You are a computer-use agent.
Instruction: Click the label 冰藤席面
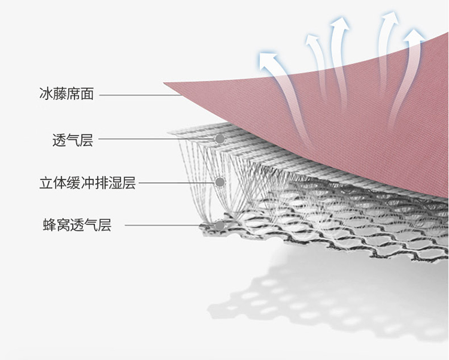[x=66, y=95]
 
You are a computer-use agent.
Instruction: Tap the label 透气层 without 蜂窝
[x=72, y=141]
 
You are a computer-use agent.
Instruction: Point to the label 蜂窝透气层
[x=77, y=226]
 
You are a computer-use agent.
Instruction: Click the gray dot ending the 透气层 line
[x=220, y=139]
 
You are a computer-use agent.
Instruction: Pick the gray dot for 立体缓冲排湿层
[x=220, y=181]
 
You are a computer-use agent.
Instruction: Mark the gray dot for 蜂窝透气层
[x=220, y=226]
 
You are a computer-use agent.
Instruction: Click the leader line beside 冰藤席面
[x=138, y=95]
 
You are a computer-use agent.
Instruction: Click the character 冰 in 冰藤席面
[x=45, y=95]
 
